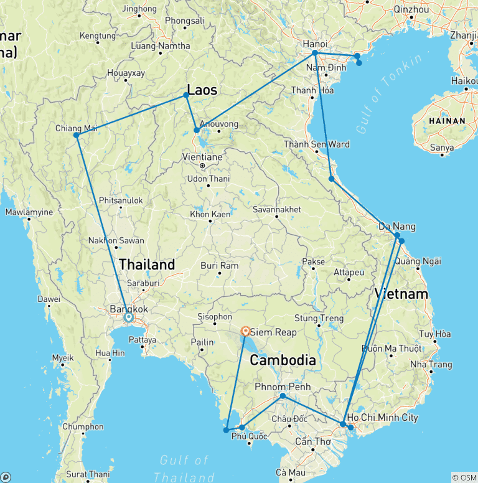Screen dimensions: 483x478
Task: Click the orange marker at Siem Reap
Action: point(246,331)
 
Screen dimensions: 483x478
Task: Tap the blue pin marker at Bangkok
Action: point(129,317)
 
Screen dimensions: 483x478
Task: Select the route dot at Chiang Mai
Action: point(76,135)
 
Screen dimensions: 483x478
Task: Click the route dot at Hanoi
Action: point(315,53)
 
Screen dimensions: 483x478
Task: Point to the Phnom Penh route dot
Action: point(283,396)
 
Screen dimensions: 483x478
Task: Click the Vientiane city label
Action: point(202,157)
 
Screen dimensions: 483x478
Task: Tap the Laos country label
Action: point(202,90)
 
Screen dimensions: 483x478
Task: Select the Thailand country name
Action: point(147,265)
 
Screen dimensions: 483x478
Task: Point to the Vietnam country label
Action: point(401,294)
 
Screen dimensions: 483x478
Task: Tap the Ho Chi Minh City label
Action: point(382,418)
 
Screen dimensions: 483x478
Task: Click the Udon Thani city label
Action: point(209,179)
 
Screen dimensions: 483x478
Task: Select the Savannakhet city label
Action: point(277,210)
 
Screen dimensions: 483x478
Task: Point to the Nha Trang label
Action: point(431,365)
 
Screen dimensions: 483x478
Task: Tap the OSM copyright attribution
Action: point(464,477)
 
